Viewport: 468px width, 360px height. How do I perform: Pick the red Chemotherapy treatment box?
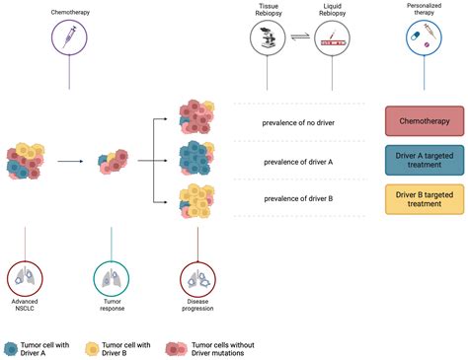click(423, 122)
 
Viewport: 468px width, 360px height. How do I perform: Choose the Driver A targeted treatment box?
click(423, 161)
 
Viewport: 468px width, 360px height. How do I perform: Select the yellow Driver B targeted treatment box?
click(423, 200)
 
